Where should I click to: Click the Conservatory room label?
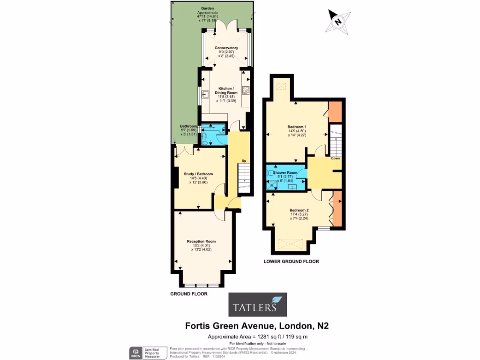(226, 48)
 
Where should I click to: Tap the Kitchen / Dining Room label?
(226, 90)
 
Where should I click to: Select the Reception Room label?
(204, 241)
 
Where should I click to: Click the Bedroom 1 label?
(297, 127)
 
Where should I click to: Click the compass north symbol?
(337, 20)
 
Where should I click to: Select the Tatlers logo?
(257, 305)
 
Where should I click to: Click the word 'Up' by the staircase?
(244, 161)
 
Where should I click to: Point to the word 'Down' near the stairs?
(335, 158)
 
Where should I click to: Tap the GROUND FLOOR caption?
(188, 294)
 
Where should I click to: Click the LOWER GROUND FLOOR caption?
(291, 262)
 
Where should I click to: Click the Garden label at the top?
(207, 9)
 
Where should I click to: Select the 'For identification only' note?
(257, 344)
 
